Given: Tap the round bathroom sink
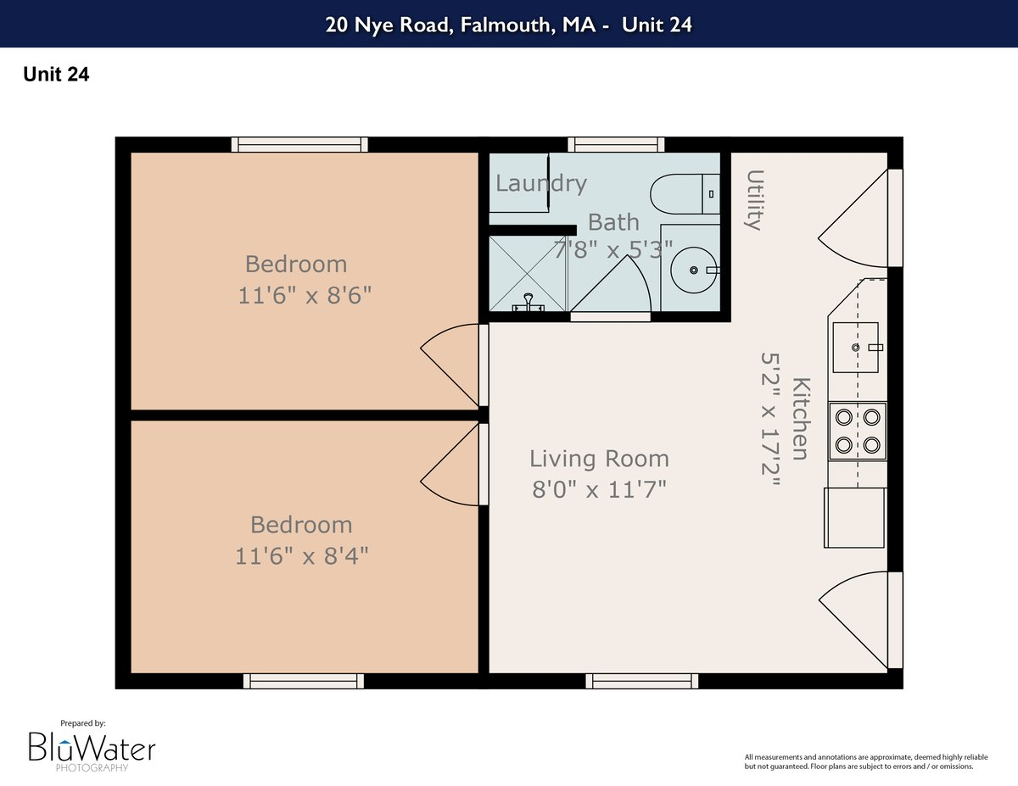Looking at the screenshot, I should coord(694,270).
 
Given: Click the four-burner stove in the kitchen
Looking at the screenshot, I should coord(857,430).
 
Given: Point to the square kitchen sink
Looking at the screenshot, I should coord(856,348).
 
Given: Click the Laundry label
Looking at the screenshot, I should coord(540,183).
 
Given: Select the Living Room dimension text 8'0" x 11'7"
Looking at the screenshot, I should coord(599,489).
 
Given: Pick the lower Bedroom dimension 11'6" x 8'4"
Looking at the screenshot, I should coord(301,555).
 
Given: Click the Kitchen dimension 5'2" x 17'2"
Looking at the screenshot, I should coord(770,419).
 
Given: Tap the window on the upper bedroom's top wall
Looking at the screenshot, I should coord(299,145).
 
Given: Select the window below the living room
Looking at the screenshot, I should coord(641,681).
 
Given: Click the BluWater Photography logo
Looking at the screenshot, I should coord(92,747).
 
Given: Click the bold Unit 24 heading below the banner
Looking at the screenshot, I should coord(56,75).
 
